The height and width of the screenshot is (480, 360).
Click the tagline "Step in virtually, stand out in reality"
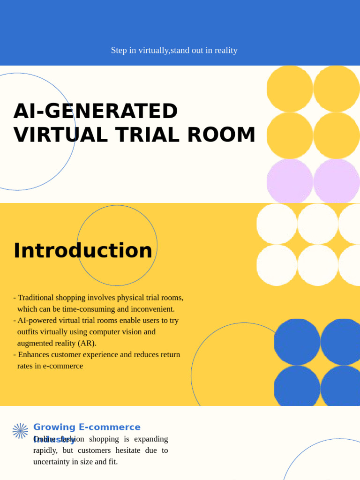click(174, 50)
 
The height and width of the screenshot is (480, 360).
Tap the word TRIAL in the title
click(149, 135)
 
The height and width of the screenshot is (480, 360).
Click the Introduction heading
click(83, 250)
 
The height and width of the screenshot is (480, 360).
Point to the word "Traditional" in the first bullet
click(36, 298)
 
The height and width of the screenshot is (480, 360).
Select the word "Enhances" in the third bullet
click(33, 354)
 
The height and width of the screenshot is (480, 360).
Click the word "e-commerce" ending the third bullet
click(63, 366)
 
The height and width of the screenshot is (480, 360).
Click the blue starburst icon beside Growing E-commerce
click(20, 431)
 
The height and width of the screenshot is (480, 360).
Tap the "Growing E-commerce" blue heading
click(87, 427)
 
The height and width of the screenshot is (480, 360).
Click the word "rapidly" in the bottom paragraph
click(45, 450)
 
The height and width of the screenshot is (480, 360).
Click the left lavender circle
click(290, 181)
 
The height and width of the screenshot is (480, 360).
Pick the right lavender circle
click(336, 181)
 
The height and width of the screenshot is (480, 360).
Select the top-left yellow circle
click(290, 89)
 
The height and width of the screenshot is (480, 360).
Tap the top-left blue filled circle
click(297, 342)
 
